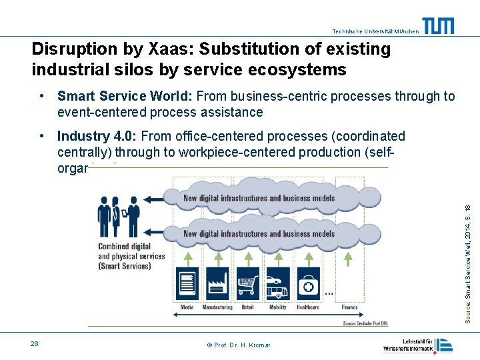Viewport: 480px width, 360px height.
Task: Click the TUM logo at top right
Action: [439, 26]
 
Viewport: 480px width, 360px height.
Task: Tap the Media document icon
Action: [188, 284]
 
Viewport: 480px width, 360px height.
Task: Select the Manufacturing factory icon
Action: [218, 284]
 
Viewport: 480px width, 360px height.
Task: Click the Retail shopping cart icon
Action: [248, 284]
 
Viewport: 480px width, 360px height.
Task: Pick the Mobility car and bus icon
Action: [277, 284]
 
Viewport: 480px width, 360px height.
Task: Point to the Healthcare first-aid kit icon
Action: [308, 284]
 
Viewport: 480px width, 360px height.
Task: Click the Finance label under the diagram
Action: [349, 307]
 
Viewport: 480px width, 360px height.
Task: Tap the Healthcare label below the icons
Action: [308, 307]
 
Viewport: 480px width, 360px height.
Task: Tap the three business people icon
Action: [119, 216]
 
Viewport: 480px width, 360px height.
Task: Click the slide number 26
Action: [34, 343]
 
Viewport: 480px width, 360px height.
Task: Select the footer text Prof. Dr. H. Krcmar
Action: [239, 345]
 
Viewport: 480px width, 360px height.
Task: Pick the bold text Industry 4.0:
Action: [97, 137]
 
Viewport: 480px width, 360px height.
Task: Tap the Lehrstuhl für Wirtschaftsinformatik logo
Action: [418, 345]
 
